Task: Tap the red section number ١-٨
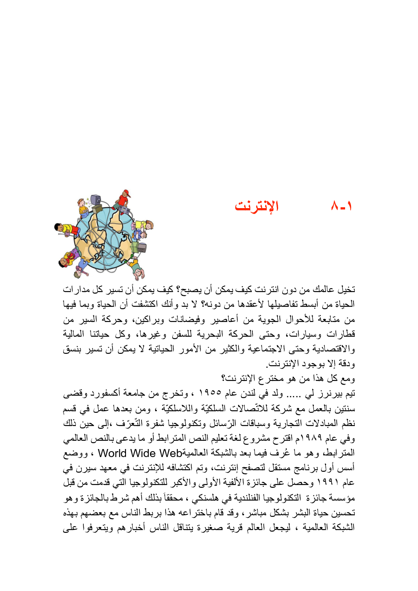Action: coord(342,206)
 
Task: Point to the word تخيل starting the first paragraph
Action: coord(347,289)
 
